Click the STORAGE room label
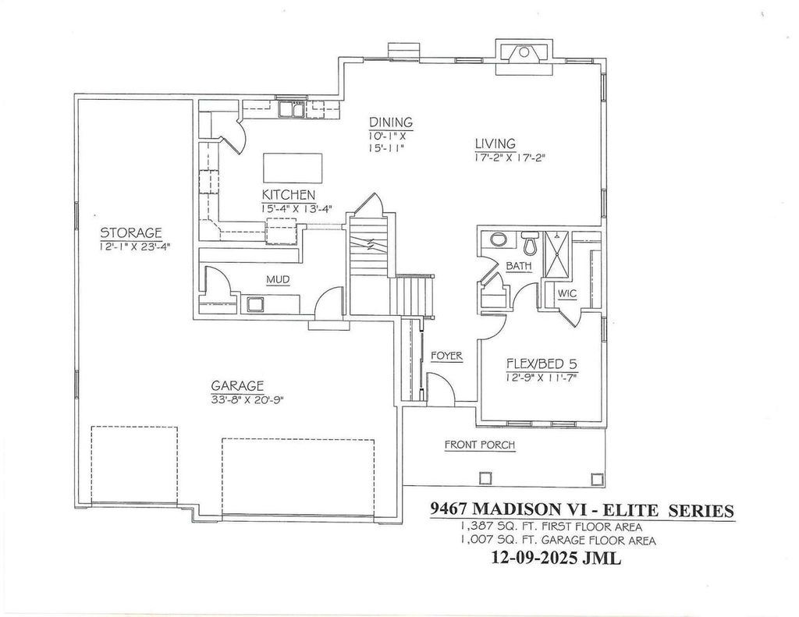pos(130,232)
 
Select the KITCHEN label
pos(288,194)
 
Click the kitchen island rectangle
pos(293,167)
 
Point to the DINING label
pos(390,122)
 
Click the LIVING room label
pos(495,144)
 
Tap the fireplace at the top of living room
pos(524,56)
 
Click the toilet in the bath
pos(531,245)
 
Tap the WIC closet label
pos(566,294)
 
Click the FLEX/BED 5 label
pos(542,364)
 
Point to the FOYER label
pos(446,356)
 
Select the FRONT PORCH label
pos(479,445)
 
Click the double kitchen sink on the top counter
pos(293,109)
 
